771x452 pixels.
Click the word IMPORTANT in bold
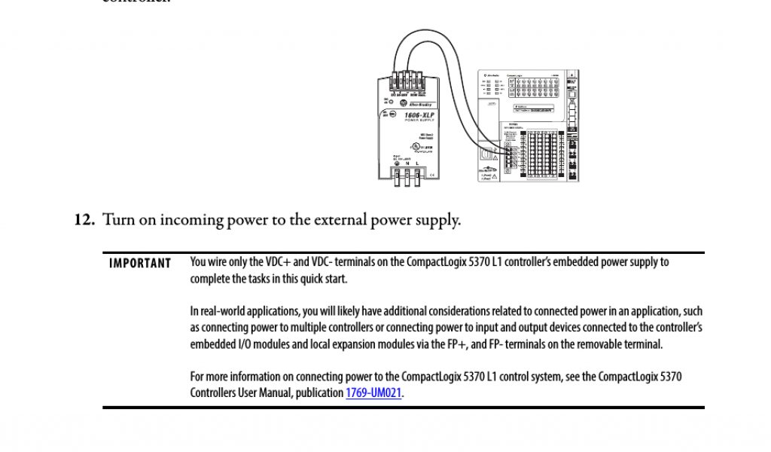coord(140,263)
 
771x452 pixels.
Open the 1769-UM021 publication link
coord(373,392)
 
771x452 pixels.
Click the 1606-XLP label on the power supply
coord(412,113)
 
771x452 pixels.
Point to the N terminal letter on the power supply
coord(407,163)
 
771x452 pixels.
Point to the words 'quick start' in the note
coord(328,279)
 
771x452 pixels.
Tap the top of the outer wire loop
coord(425,30)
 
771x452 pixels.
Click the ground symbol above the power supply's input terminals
coord(397,163)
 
